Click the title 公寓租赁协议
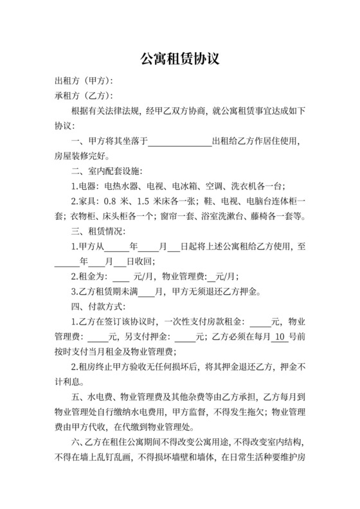click(180, 59)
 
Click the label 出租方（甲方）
click(84, 81)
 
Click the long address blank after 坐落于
click(180, 141)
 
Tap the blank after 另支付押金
click(185, 336)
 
